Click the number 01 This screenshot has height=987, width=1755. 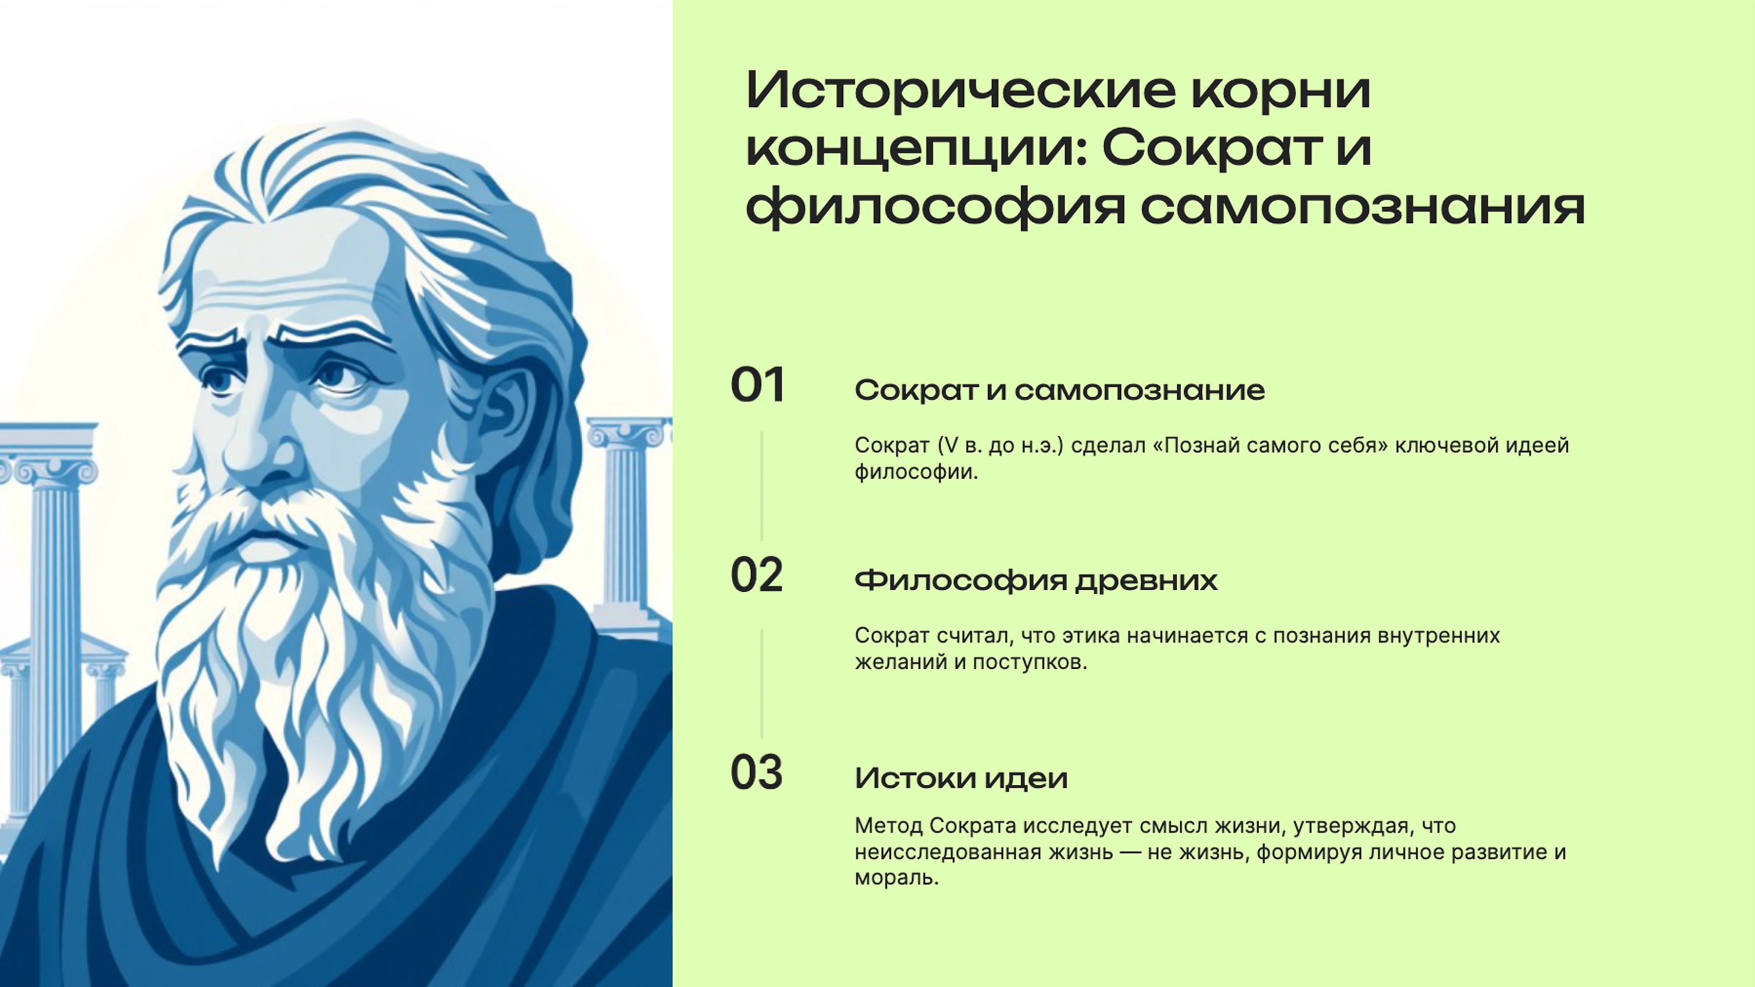pos(758,386)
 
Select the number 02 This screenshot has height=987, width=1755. pos(756,576)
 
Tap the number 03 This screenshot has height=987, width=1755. pos(756,773)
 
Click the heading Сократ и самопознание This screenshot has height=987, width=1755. pos(1059,390)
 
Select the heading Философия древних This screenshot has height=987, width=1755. pos(1035,581)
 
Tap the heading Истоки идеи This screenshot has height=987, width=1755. pos(960,778)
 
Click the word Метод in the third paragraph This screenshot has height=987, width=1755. pos(886,826)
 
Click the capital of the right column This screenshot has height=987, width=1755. pos(628,432)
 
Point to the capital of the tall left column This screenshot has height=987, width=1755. pos(51,470)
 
